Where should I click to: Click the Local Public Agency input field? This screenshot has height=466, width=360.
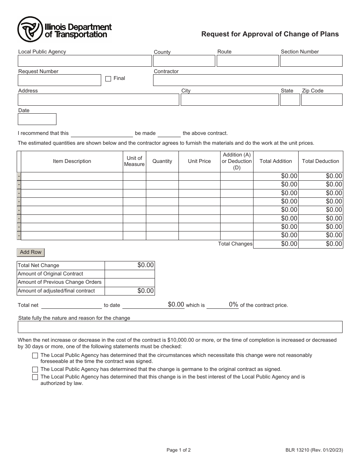coord(85,61)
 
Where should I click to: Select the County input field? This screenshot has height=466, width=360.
coord(184,61)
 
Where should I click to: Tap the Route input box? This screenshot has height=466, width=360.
coord(247,61)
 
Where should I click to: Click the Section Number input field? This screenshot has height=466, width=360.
coord(311,61)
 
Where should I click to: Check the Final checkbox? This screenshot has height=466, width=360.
coord(108,79)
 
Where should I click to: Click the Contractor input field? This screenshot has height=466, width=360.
coord(247,80)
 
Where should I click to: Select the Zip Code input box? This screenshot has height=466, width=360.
coord(322,100)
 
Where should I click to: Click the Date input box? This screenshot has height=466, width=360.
coord(37,119)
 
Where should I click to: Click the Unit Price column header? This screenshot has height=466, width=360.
coord(199,161)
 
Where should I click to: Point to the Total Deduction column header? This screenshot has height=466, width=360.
coord(320,161)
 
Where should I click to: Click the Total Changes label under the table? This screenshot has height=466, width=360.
coord(235,244)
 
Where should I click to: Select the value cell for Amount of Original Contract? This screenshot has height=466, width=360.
coord(130,274)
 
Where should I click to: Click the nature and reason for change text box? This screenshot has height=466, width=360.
coord(180,327)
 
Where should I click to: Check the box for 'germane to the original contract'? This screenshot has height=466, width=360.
coord(35,369)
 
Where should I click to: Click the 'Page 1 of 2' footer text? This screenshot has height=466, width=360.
coord(178,450)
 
